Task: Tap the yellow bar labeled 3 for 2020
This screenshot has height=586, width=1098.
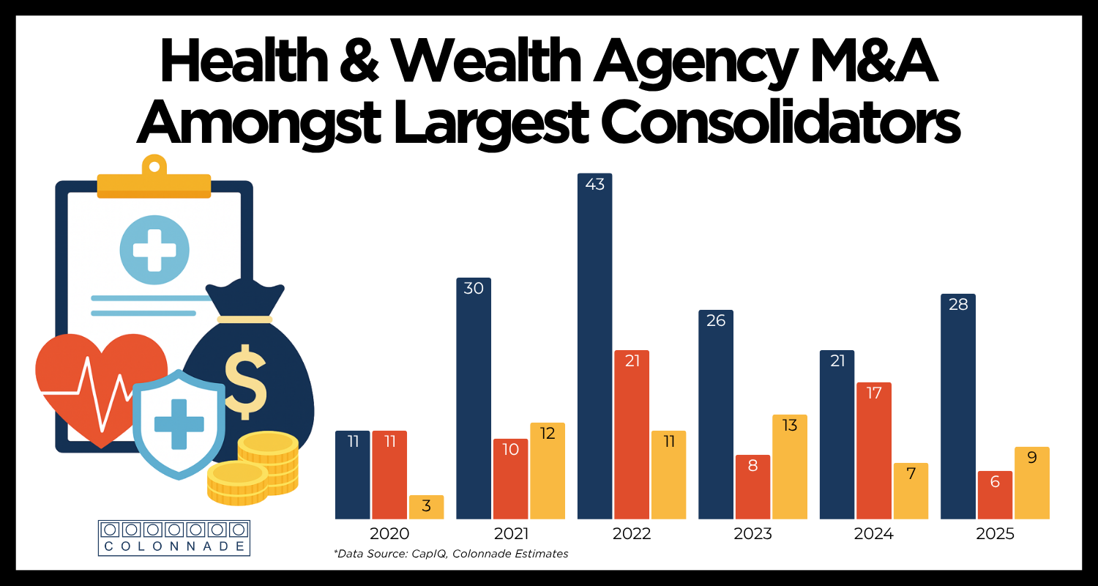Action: tap(426, 507)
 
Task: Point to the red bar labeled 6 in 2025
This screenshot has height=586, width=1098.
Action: tap(995, 494)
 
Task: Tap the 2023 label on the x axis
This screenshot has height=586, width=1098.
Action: tap(752, 534)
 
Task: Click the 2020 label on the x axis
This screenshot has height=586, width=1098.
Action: tap(389, 534)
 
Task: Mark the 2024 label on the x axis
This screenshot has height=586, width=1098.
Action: tap(873, 534)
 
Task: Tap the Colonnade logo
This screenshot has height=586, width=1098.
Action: tap(173, 538)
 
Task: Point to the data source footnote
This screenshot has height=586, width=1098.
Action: tap(450, 555)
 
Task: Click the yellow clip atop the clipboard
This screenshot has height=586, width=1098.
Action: tap(154, 179)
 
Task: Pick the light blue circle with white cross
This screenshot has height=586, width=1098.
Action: tap(154, 250)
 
